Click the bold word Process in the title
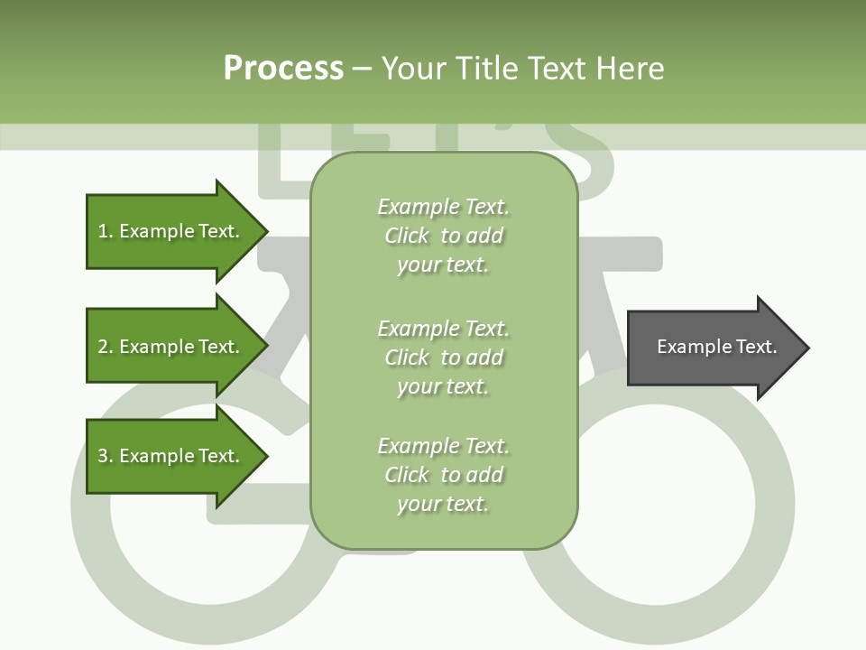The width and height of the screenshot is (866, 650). click(x=283, y=69)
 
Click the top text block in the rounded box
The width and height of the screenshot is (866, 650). click(x=443, y=236)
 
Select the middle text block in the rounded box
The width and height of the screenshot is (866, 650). click(x=443, y=357)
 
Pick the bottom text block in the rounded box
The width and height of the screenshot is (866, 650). click(x=443, y=475)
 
